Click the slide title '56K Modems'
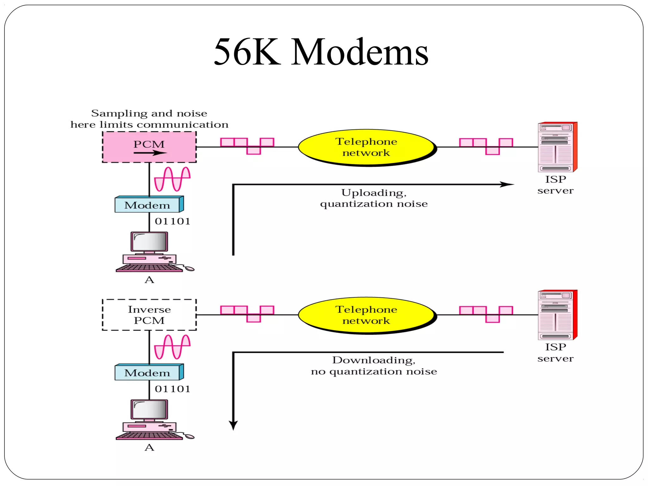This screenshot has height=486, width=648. tap(321, 52)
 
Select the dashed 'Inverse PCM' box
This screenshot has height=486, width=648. tap(149, 315)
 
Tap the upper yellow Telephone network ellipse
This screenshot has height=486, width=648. tap(366, 147)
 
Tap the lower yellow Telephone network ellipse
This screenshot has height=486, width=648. tap(366, 315)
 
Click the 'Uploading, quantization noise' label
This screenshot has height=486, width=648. tap(374, 198)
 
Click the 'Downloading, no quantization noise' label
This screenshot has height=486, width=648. tap(374, 366)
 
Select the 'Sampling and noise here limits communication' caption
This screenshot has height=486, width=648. tap(149, 119)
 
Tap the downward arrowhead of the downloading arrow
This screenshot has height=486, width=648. tap(233, 425)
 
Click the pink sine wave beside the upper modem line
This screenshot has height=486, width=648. tap(172, 179)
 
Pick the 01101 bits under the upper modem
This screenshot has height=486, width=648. tap(172, 221)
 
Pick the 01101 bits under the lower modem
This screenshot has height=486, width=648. tap(172, 389)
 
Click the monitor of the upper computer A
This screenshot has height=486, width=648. tap(149, 242)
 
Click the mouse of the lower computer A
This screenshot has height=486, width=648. tap(190, 437)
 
